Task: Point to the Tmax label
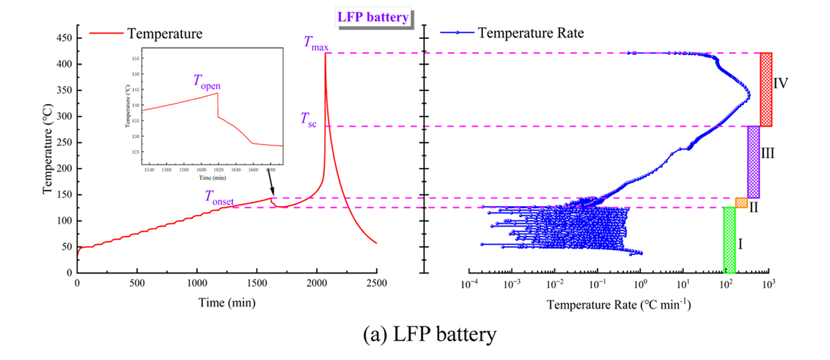317,43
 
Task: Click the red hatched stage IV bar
766,89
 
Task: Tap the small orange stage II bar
741,203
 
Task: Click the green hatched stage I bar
730,240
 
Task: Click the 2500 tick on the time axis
376,283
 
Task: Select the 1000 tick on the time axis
197,283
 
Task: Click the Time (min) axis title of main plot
227,300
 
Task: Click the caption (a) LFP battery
414,336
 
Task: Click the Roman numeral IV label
781,83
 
